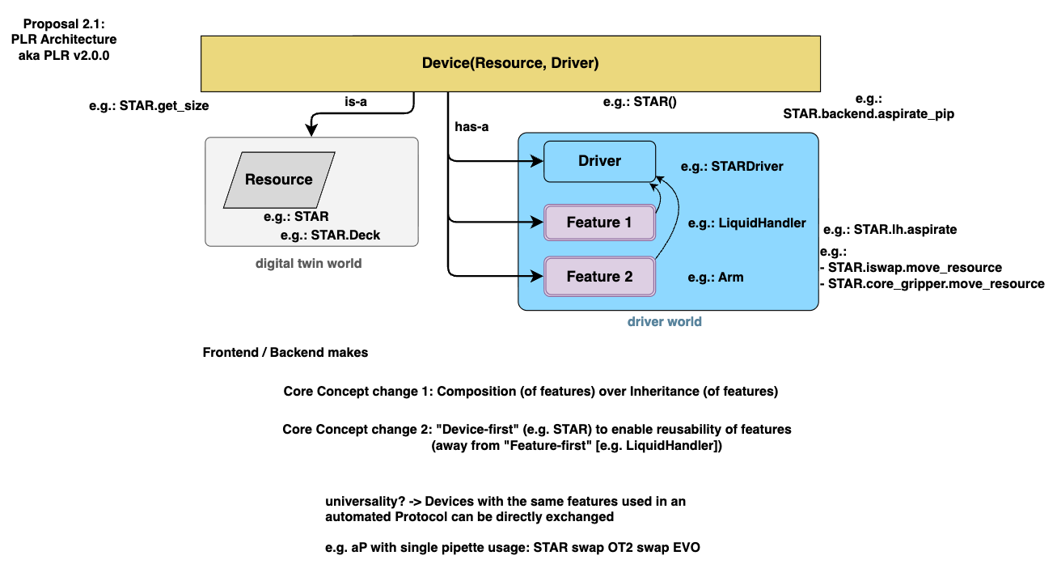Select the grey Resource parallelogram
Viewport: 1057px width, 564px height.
click(x=279, y=180)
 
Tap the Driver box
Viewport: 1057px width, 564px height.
click(x=599, y=161)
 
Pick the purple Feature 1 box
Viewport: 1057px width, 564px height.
click(x=599, y=223)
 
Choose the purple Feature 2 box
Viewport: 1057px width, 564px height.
click(x=599, y=277)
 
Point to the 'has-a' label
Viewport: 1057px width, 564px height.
click(x=472, y=126)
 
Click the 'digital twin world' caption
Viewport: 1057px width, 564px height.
click(x=309, y=263)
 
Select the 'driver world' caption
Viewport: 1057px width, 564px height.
click(x=664, y=321)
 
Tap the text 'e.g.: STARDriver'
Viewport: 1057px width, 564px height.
click(x=733, y=167)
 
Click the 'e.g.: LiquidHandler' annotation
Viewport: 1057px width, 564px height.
click(x=746, y=223)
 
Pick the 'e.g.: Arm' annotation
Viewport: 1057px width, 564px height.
click(x=716, y=278)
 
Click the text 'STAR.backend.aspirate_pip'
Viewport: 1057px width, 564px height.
click(x=869, y=114)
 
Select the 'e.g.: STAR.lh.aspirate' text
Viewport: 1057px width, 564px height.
click(x=890, y=230)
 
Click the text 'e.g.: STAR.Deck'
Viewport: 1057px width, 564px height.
click(x=330, y=235)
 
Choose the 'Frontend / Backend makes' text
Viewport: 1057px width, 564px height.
click(x=285, y=353)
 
